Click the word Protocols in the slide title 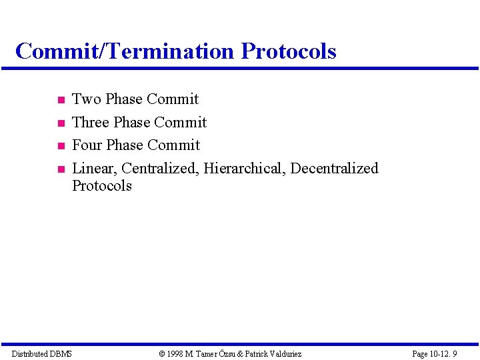click(x=289, y=51)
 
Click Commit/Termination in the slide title click(x=125, y=51)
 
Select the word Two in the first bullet click(x=86, y=99)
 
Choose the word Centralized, click(x=160, y=169)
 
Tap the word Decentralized click(x=334, y=169)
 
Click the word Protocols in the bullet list click(x=102, y=186)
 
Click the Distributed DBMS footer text click(x=42, y=353)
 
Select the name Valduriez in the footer click(x=284, y=353)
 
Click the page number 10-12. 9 click(x=443, y=353)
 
